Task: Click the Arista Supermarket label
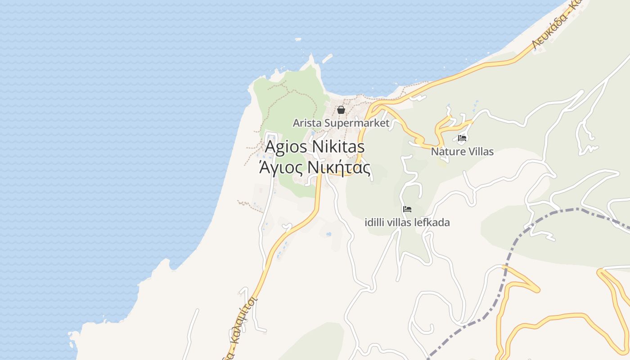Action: pos(341,123)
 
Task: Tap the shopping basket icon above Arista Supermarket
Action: pos(341,110)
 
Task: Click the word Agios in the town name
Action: pos(286,147)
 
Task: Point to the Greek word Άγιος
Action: pos(275,168)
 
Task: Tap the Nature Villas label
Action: pos(462,152)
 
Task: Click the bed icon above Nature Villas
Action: pos(462,138)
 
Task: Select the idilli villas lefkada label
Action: pos(407,222)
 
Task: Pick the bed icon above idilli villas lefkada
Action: pos(407,209)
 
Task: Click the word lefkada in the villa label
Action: pos(433,222)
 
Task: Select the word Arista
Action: pos(307,123)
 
